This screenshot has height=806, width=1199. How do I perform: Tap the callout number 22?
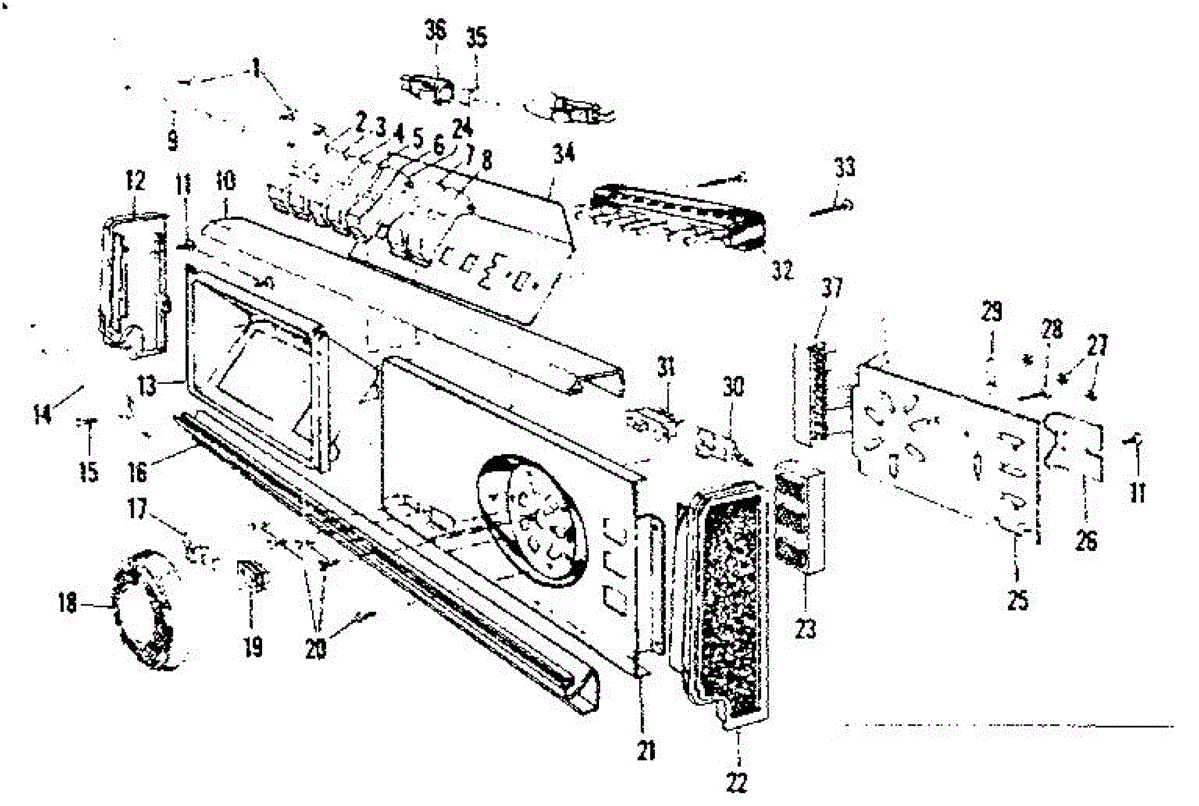point(736,784)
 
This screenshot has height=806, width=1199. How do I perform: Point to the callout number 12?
point(135,181)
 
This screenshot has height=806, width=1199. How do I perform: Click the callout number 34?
point(563,153)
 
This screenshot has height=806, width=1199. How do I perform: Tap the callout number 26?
point(1086,543)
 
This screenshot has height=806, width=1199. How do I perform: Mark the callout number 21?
point(643,746)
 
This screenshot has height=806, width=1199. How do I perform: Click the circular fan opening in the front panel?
point(530,520)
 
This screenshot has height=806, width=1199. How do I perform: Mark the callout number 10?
point(226,184)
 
